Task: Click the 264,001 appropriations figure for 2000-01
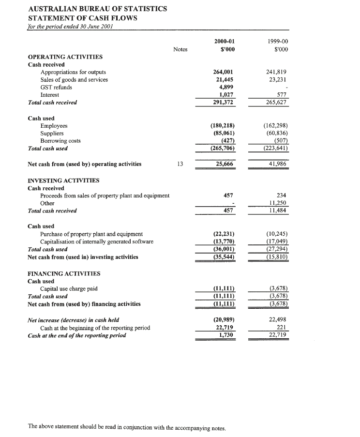224,72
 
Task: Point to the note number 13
180,164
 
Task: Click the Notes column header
180,49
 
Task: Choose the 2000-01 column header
224,42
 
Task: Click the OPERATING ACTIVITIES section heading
65,57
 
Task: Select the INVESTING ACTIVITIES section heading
64,181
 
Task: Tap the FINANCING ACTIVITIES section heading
64,273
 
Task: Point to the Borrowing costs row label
60,141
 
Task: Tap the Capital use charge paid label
69,289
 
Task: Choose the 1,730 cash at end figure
227,335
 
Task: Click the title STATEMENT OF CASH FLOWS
82,18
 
